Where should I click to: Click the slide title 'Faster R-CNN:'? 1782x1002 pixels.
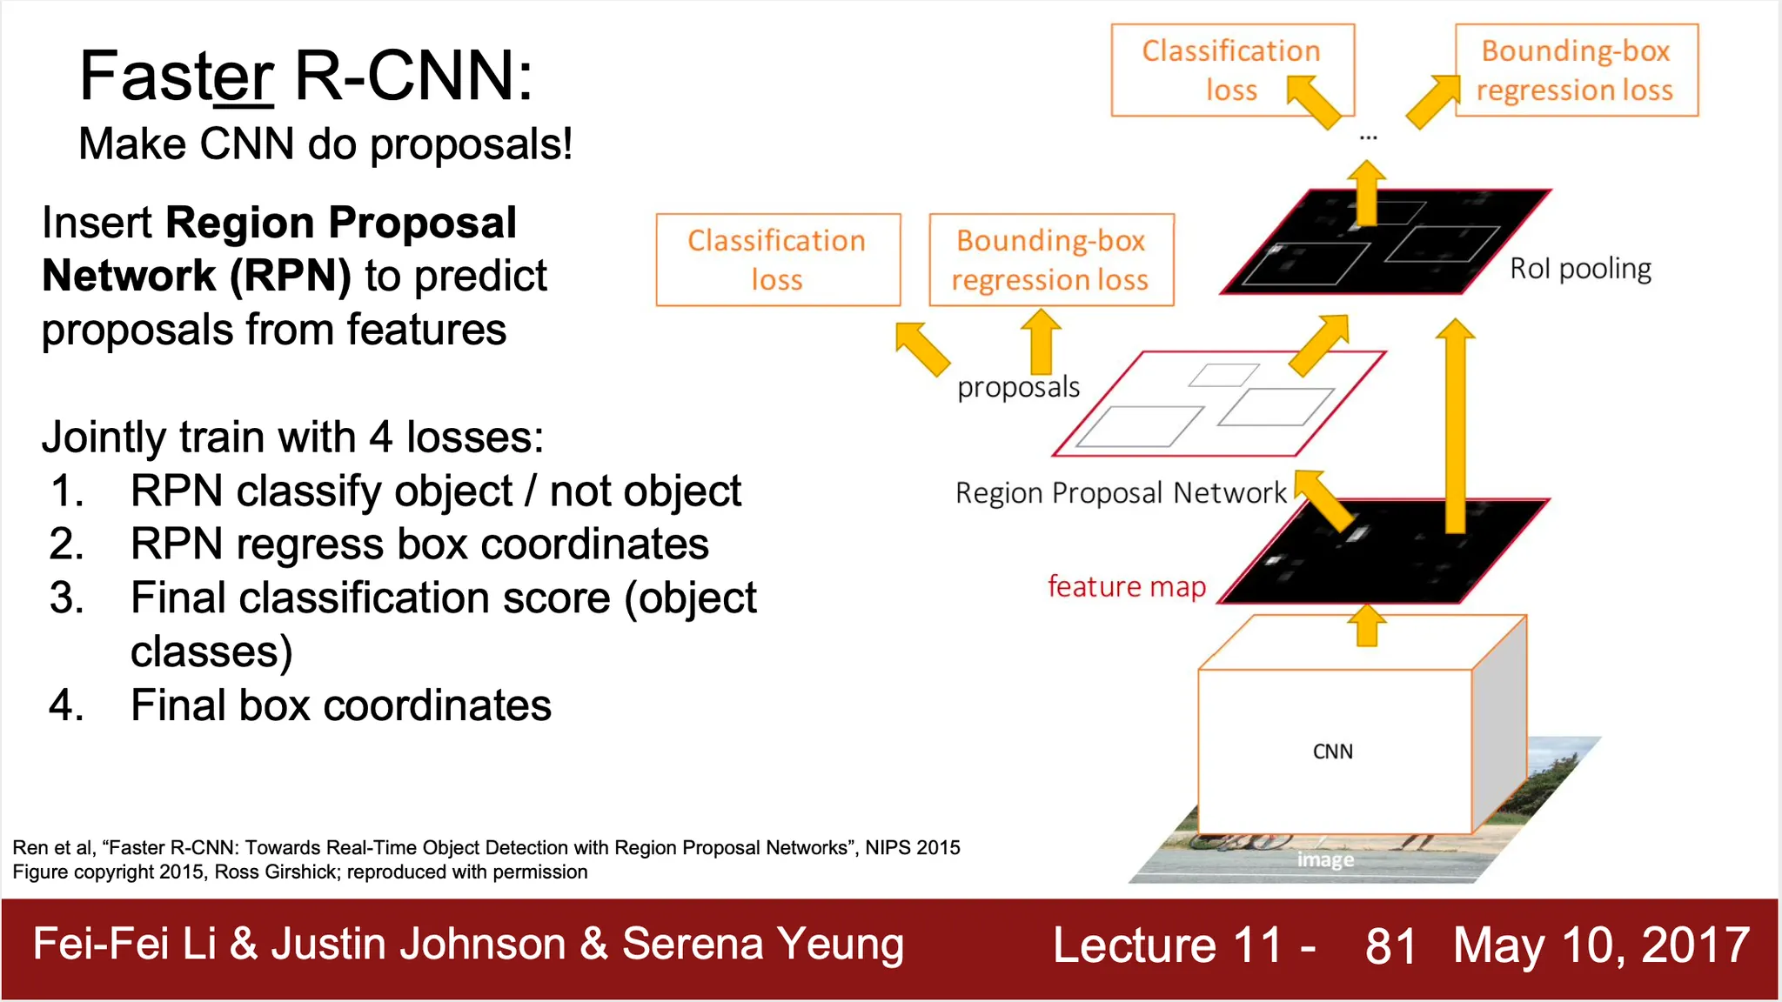pyautogui.click(x=305, y=77)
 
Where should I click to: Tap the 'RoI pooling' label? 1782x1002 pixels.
pyautogui.click(x=1580, y=269)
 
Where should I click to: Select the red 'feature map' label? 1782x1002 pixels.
pyautogui.click(x=1127, y=587)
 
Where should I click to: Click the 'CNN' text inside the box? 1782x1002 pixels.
pyautogui.click(x=1333, y=751)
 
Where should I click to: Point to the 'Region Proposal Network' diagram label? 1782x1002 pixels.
pyautogui.click(x=1121, y=493)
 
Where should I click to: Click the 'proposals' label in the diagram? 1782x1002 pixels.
pyautogui.click(x=1018, y=387)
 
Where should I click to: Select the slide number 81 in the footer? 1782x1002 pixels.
pyautogui.click(x=1390, y=945)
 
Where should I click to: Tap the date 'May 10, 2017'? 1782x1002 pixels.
pyautogui.click(x=1601, y=945)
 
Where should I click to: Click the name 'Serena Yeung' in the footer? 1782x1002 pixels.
pyautogui.click(x=763, y=945)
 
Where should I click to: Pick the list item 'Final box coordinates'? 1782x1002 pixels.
pyautogui.click(x=341, y=705)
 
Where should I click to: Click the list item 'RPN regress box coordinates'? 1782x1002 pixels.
pyautogui.click(x=419, y=544)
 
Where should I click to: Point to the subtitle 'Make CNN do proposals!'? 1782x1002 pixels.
pyautogui.click(x=325, y=144)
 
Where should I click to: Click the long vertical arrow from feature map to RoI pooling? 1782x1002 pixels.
pyautogui.click(x=1455, y=426)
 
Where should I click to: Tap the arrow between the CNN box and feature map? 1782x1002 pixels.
pyautogui.click(x=1367, y=625)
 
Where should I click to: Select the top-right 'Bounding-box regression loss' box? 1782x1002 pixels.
pyautogui.click(x=1577, y=70)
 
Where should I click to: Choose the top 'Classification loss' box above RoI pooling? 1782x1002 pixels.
pyautogui.click(x=1233, y=70)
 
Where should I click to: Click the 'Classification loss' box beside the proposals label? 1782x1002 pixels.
pyautogui.click(x=778, y=260)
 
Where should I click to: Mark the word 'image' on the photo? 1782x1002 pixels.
pyautogui.click(x=1325, y=859)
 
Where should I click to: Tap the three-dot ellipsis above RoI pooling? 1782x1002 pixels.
pyautogui.click(x=1369, y=137)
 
